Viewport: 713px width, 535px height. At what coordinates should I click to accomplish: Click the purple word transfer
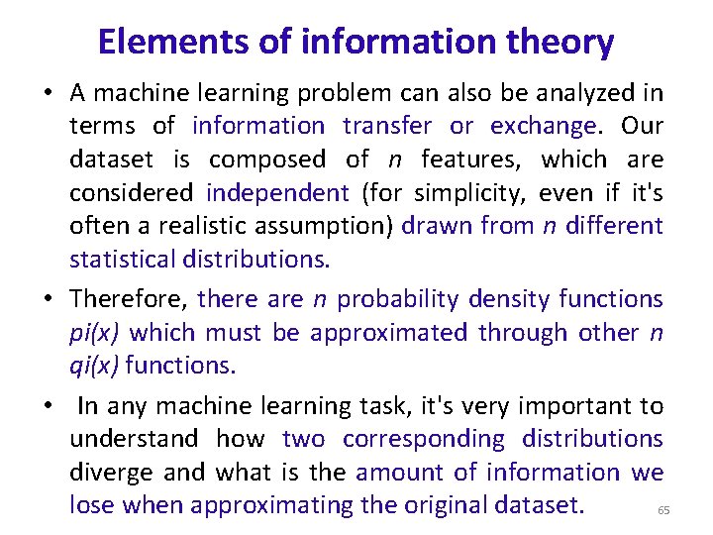(x=387, y=126)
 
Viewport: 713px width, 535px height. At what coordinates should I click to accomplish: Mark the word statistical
(x=123, y=259)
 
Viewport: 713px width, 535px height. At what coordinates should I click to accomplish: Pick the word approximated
(x=389, y=332)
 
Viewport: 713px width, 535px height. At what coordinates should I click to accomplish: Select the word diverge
(x=108, y=473)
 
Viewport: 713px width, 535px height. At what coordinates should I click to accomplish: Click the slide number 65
(x=663, y=510)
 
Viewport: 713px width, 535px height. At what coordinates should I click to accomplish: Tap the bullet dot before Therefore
(x=48, y=299)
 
